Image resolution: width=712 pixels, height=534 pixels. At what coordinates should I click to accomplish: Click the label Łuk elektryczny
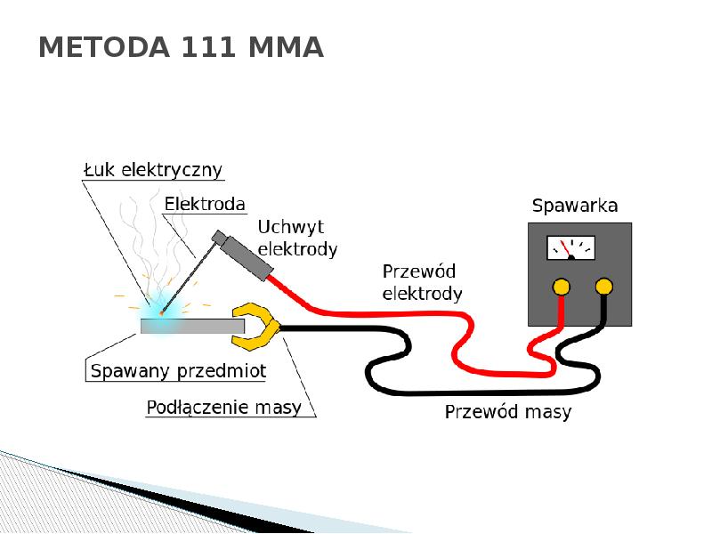click(x=153, y=169)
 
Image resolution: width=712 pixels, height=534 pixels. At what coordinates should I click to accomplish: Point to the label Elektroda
click(x=205, y=204)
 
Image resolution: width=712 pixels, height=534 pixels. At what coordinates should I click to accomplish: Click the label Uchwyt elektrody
click(x=297, y=239)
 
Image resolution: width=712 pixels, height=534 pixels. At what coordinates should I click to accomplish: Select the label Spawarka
click(x=575, y=206)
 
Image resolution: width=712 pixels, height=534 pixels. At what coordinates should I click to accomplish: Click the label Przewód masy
click(x=508, y=412)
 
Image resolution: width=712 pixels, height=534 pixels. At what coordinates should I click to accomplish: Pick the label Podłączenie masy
click(x=223, y=408)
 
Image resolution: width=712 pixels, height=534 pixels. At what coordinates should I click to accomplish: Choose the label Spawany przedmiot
click(x=178, y=369)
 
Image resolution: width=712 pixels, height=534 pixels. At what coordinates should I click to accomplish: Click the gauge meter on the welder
click(x=570, y=247)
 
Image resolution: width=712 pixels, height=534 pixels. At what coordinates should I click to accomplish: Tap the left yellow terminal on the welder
click(x=561, y=287)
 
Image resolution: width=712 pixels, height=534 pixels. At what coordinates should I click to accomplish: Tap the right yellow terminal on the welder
click(x=604, y=287)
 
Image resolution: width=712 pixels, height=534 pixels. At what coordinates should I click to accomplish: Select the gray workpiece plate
click(x=192, y=326)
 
